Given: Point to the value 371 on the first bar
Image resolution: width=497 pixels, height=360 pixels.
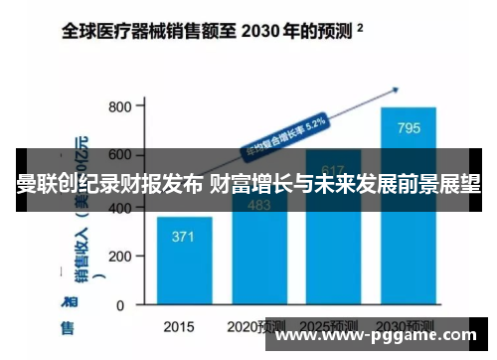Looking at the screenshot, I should pos(183,237).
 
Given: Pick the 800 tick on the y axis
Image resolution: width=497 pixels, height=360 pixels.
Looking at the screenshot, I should pos(118,106).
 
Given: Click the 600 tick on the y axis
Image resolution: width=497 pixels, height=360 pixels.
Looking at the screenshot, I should pos(118,156).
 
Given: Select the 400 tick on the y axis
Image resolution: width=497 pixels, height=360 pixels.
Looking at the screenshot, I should pos(118,206).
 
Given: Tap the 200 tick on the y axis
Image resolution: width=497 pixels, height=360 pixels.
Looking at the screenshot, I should pos(118,256).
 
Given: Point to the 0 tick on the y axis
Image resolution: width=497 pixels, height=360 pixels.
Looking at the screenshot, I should pos(127,304).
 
